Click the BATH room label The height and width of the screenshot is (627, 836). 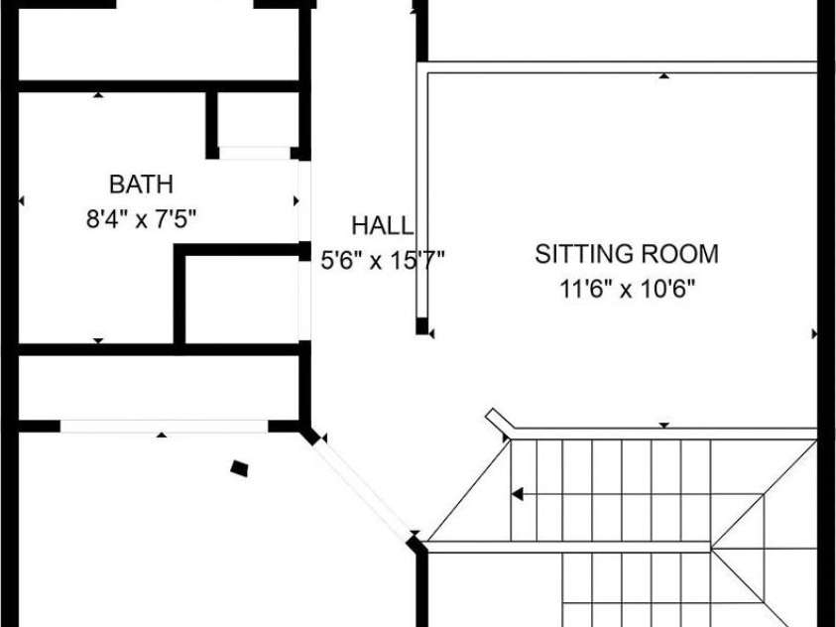tap(141, 185)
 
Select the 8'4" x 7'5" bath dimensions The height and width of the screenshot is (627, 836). tap(141, 218)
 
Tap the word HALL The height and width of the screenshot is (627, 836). tap(382, 225)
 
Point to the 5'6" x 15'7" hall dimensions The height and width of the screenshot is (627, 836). tap(382, 261)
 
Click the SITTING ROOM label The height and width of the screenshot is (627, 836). tap(627, 254)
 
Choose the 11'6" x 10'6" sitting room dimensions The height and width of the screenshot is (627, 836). tap(628, 290)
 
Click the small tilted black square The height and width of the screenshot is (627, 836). tap(239, 468)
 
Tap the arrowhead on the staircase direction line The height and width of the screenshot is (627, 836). tap(517, 494)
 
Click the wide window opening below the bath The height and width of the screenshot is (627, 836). tap(164, 426)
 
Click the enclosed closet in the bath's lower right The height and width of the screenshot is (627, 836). tap(242, 300)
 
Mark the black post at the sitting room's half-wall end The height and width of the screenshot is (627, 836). tap(421, 325)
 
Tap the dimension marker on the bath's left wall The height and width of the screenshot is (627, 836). tap(22, 201)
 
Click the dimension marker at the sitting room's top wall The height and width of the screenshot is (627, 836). tap(663, 75)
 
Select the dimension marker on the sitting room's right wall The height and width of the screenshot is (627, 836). tap(814, 333)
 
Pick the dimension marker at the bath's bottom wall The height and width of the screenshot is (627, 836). tap(98, 340)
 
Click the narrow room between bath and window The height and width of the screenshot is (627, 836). tap(159, 388)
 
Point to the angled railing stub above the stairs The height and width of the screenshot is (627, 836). tap(501, 419)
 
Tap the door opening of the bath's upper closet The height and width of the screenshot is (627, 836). tap(255, 153)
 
